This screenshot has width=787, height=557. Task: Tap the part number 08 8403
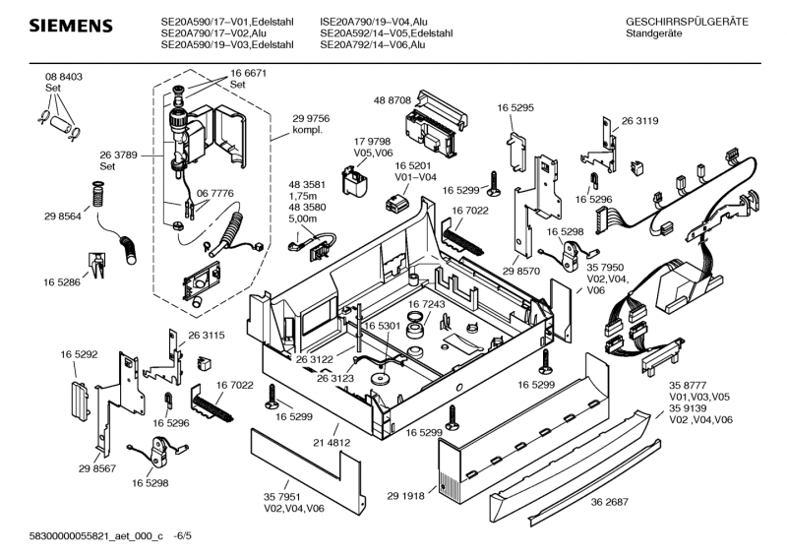click(63, 77)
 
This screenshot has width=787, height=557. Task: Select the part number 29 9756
click(311, 118)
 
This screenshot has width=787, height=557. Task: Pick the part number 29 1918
click(405, 496)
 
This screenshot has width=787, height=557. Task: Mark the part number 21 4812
click(332, 443)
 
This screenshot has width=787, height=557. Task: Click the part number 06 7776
click(214, 195)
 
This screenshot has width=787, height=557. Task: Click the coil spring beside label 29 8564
click(97, 193)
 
